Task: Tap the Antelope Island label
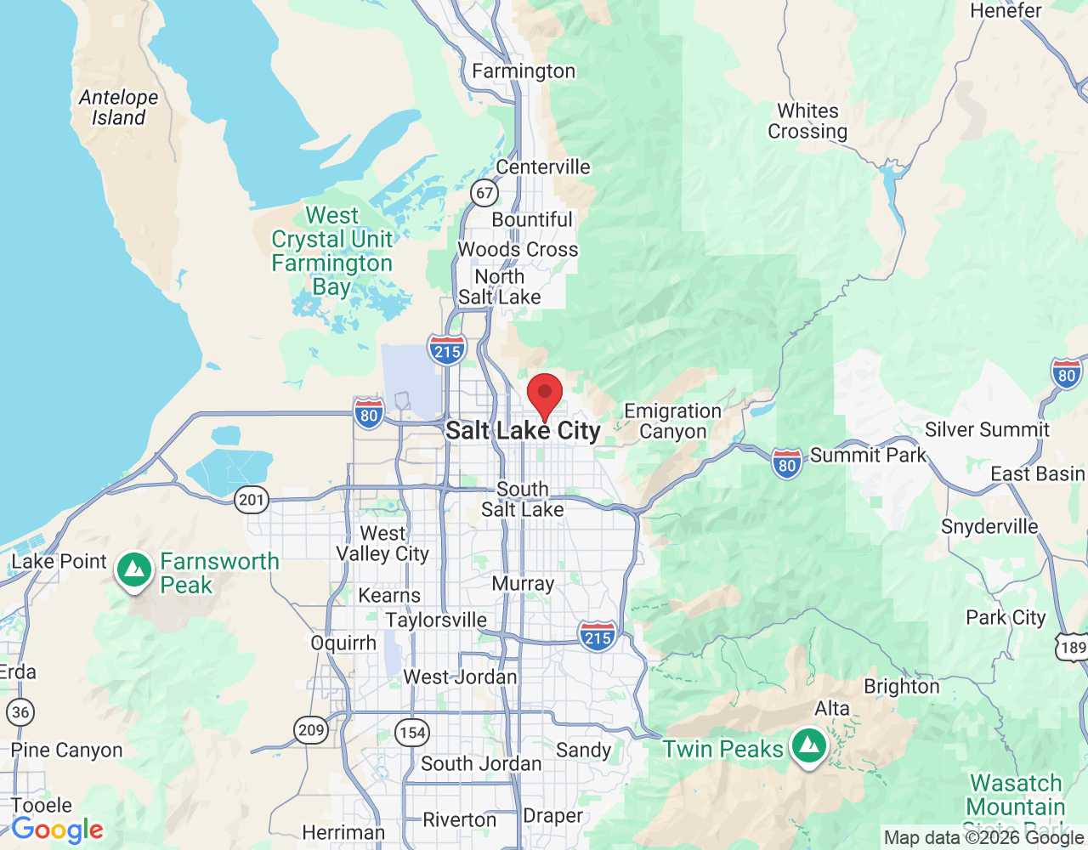pos(118,108)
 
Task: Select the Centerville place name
pos(542,167)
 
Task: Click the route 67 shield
pos(484,193)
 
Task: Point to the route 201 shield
pos(252,499)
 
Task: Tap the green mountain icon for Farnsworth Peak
pos(134,570)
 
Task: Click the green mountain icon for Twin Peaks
pos(809,746)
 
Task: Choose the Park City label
pos(1006,617)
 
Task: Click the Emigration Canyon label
pos(672,421)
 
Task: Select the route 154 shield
pos(412,732)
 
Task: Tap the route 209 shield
pos(311,729)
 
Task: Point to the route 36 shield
pos(20,711)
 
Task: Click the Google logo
pos(58,830)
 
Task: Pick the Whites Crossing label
pos(807,122)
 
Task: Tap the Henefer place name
pos(1006,11)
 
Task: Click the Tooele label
pos(42,804)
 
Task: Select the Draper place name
pos(552,816)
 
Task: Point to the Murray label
pos(523,584)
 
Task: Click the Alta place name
pos(831,708)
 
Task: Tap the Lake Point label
pos(59,561)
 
